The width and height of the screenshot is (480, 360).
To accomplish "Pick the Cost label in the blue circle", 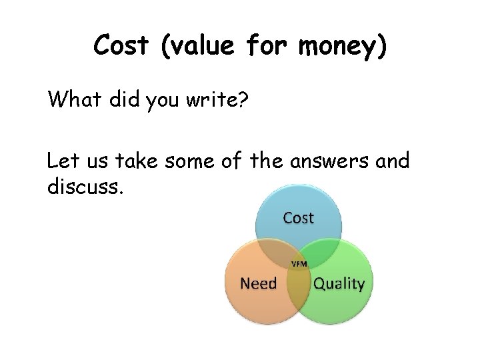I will tap(298, 217).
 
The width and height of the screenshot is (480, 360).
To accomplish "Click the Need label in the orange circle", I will tap(258, 283).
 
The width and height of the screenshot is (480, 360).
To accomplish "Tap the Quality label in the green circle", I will tap(339, 284).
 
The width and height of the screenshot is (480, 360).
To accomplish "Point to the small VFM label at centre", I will tap(299, 264).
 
